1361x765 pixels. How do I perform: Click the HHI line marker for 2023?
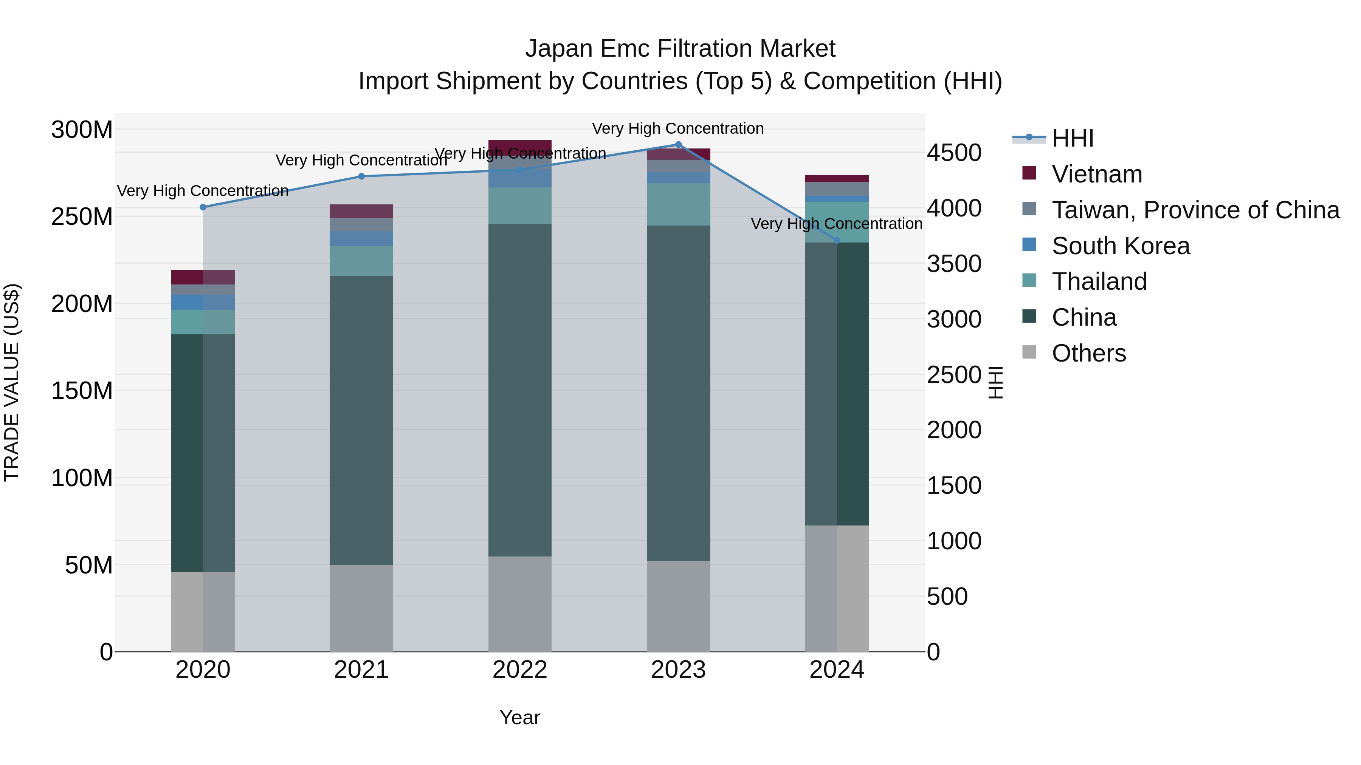pyautogui.click(x=678, y=145)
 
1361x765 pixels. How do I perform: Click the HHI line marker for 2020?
pyautogui.click(x=203, y=207)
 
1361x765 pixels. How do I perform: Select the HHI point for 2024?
pyautogui.click(x=837, y=241)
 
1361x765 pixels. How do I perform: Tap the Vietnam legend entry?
pyautogui.click(x=1096, y=174)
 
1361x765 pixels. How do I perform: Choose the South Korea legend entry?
pyautogui.click(x=1120, y=246)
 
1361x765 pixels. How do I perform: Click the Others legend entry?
pyautogui.click(x=1088, y=353)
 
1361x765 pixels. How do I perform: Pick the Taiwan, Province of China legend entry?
pyautogui.click(x=1195, y=210)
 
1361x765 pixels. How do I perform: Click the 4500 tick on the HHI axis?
pyautogui.click(x=954, y=153)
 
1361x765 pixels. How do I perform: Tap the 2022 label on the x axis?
pyautogui.click(x=520, y=670)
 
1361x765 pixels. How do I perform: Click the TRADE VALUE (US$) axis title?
pyautogui.click(x=12, y=382)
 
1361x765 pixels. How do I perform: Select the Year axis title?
pyautogui.click(x=520, y=717)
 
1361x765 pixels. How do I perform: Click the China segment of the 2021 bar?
pyautogui.click(x=361, y=420)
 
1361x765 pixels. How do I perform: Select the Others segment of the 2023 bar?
pyautogui.click(x=678, y=606)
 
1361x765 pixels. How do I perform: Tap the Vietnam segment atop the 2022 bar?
pyautogui.click(x=520, y=147)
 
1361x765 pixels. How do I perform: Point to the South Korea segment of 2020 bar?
pyautogui.click(x=203, y=302)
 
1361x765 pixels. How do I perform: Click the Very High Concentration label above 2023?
pyautogui.click(x=678, y=129)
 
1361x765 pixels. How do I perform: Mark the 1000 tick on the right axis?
pyautogui.click(x=954, y=541)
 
